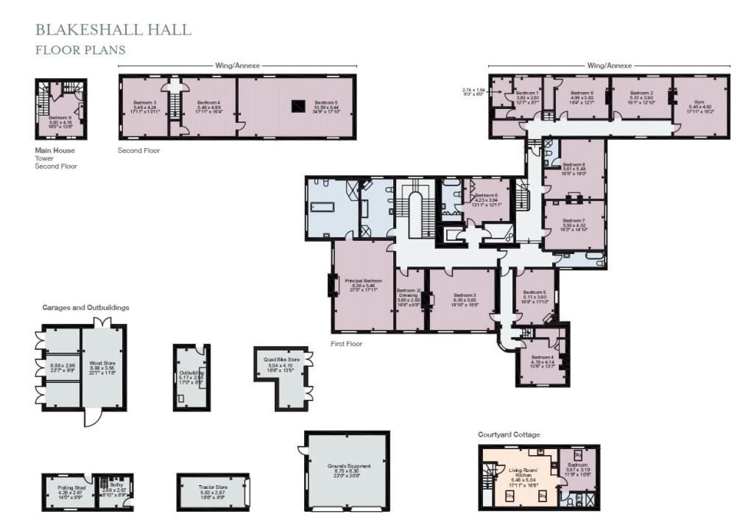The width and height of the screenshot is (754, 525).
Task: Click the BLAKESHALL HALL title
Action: (x=113, y=30)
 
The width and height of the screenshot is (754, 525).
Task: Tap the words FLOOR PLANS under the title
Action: (x=80, y=50)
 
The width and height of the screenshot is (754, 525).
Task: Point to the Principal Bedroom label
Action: (x=363, y=281)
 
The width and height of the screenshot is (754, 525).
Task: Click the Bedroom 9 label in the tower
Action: (x=60, y=118)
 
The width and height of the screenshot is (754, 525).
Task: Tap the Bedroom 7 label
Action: (x=574, y=220)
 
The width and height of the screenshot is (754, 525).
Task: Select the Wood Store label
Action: (x=104, y=364)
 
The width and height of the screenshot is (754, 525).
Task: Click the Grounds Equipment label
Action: (x=349, y=466)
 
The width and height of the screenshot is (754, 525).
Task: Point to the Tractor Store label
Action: (x=212, y=487)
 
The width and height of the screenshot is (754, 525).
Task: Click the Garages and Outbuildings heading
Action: (x=85, y=307)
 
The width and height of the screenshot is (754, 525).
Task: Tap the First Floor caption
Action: (x=346, y=344)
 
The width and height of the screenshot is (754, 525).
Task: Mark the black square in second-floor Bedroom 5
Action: (x=297, y=105)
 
